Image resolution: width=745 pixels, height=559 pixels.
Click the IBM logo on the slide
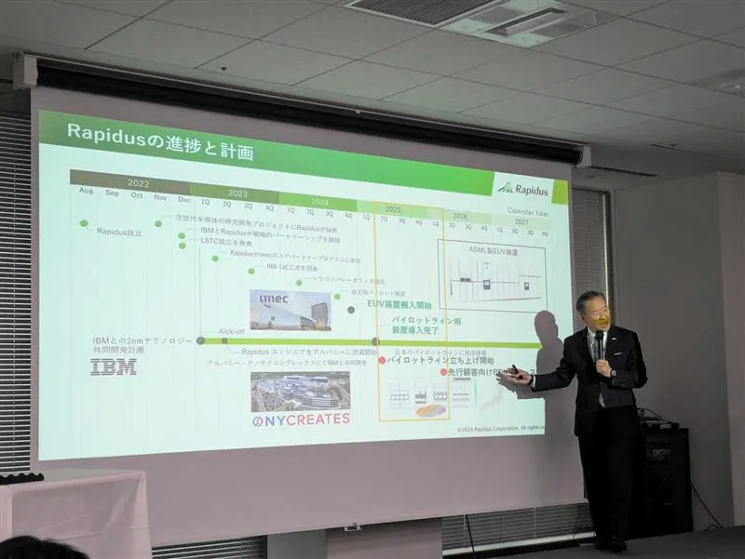pos(113,366)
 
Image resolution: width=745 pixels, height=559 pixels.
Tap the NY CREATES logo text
pos(301,419)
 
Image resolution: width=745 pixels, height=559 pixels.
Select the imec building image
pos(290,309)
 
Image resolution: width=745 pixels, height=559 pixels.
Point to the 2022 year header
pos(138,182)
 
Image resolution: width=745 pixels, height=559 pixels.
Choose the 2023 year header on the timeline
pos(237,193)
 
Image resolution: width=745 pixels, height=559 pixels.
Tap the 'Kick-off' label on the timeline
pos(232,331)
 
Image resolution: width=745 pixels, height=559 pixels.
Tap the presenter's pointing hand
pos(515,376)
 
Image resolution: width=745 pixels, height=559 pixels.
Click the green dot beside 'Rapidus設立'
pos(84,224)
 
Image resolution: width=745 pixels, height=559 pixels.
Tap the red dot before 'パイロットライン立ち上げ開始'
pos(381,359)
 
